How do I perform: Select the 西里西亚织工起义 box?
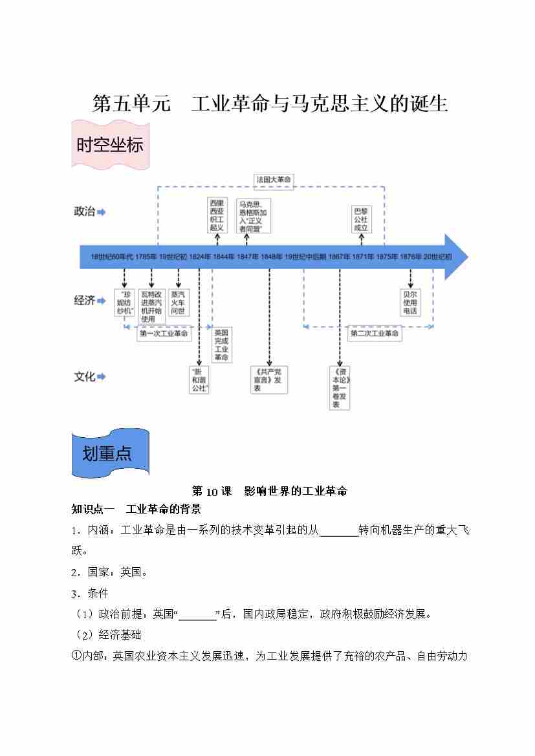click(x=217, y=215)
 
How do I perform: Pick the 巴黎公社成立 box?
click(x=361, y=219)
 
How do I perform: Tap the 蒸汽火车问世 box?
click(x=178, y=303)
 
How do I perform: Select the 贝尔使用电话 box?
click(x=410, y=303)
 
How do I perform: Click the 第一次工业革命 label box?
click(x=164, y=334)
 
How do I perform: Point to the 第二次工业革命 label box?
click(x=375, y=334)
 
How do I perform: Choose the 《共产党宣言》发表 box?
click(x=268, y=380)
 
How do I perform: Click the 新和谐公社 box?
click(x=199, y=380)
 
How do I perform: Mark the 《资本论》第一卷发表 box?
click(x=339, y=388)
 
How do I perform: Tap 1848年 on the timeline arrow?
click(x=271, y=257)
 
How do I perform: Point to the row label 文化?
click(x=85, y=376)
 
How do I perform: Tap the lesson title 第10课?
click(x=212, y=491)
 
